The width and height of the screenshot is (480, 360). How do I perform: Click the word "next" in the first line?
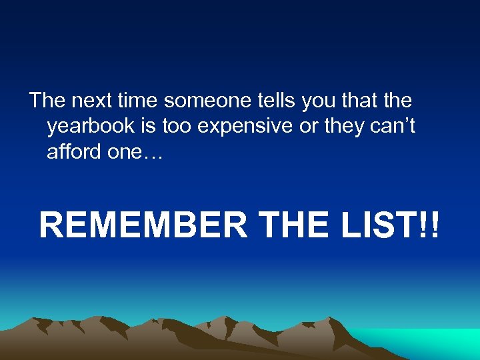[87, 101]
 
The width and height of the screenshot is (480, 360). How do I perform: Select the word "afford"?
[73, 151]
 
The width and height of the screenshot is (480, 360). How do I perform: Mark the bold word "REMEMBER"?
[143, 225]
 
